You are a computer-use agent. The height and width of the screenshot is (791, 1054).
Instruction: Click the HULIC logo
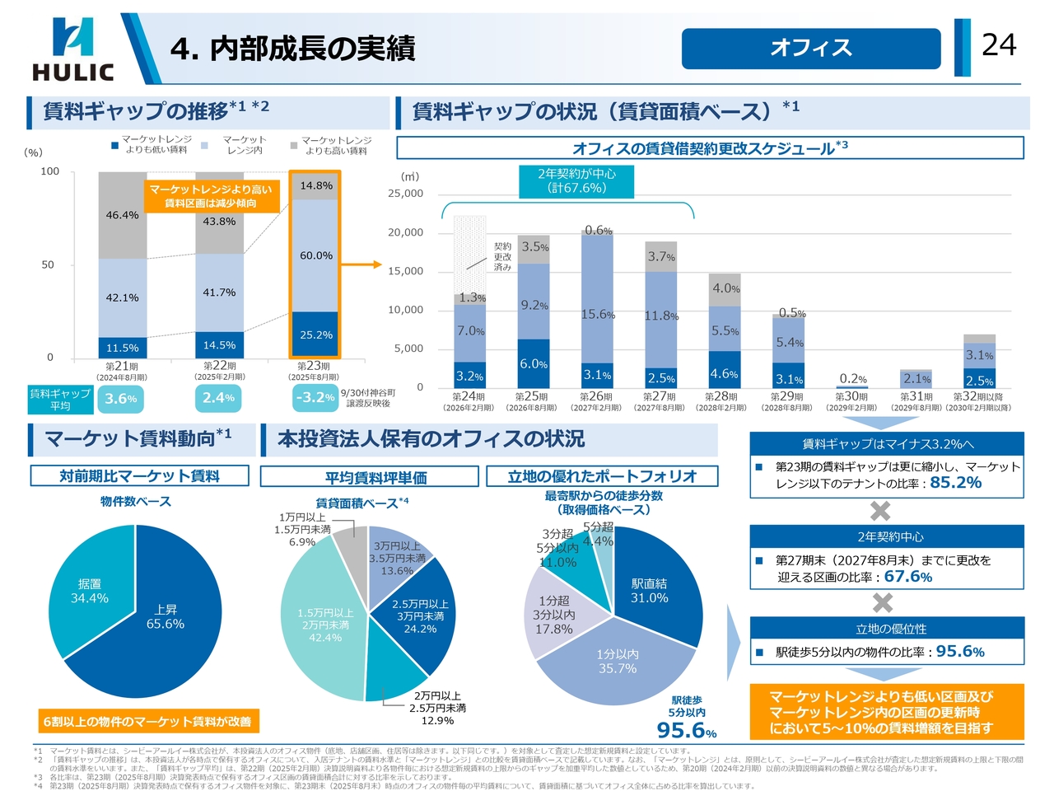72,49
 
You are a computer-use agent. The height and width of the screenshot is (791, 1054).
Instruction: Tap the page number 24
999,44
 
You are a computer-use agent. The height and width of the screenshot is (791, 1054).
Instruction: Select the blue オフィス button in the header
810,49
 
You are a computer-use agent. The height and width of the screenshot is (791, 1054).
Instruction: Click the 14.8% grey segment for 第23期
315,186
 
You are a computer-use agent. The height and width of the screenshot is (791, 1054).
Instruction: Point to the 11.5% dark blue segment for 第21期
123,348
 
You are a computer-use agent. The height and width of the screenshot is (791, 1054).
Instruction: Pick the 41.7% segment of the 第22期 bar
219,293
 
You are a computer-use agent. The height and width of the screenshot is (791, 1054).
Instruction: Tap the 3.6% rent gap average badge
120,399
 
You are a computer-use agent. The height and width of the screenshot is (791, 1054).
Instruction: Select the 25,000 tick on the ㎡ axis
405,194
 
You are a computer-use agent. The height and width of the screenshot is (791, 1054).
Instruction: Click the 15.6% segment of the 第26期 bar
597,314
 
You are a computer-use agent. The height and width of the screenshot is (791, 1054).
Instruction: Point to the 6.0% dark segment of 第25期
534,363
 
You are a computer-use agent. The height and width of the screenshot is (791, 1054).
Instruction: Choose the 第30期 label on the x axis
851,397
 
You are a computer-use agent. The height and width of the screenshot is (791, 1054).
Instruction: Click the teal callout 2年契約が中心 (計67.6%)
576,181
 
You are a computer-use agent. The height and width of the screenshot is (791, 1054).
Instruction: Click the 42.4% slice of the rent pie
324,625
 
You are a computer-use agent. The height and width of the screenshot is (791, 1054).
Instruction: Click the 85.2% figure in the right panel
955,483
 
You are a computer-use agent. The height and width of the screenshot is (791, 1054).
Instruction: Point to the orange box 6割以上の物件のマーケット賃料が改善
147,722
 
